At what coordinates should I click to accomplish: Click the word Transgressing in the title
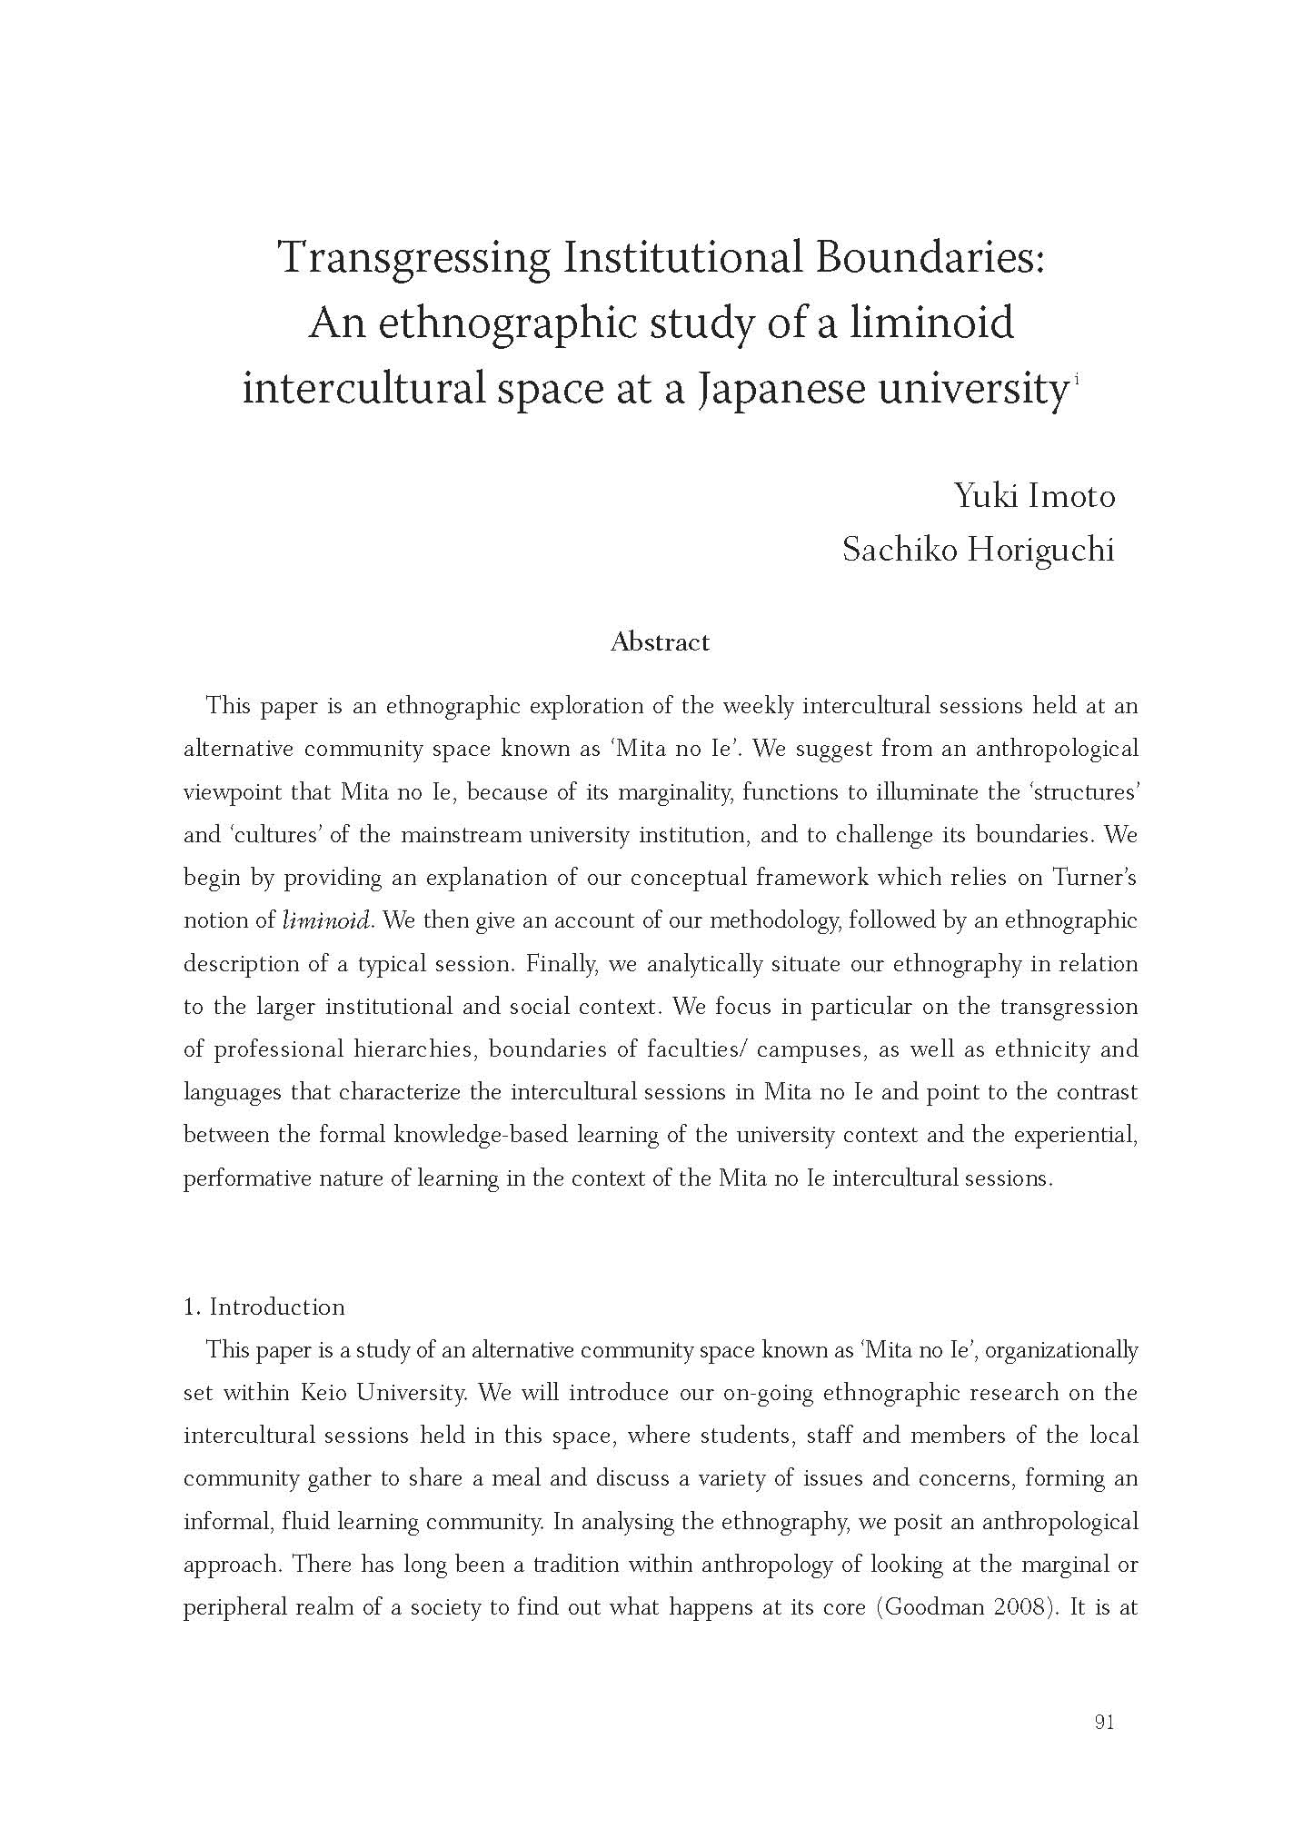coord(413,259)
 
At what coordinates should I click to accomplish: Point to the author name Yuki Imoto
coord(1034,496)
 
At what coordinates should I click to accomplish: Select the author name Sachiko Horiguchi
coord(978,550)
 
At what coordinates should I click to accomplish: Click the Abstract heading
coord(660,642)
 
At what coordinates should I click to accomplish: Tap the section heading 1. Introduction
coord(264,1307)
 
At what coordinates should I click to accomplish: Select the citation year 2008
coord(1017,1606)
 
